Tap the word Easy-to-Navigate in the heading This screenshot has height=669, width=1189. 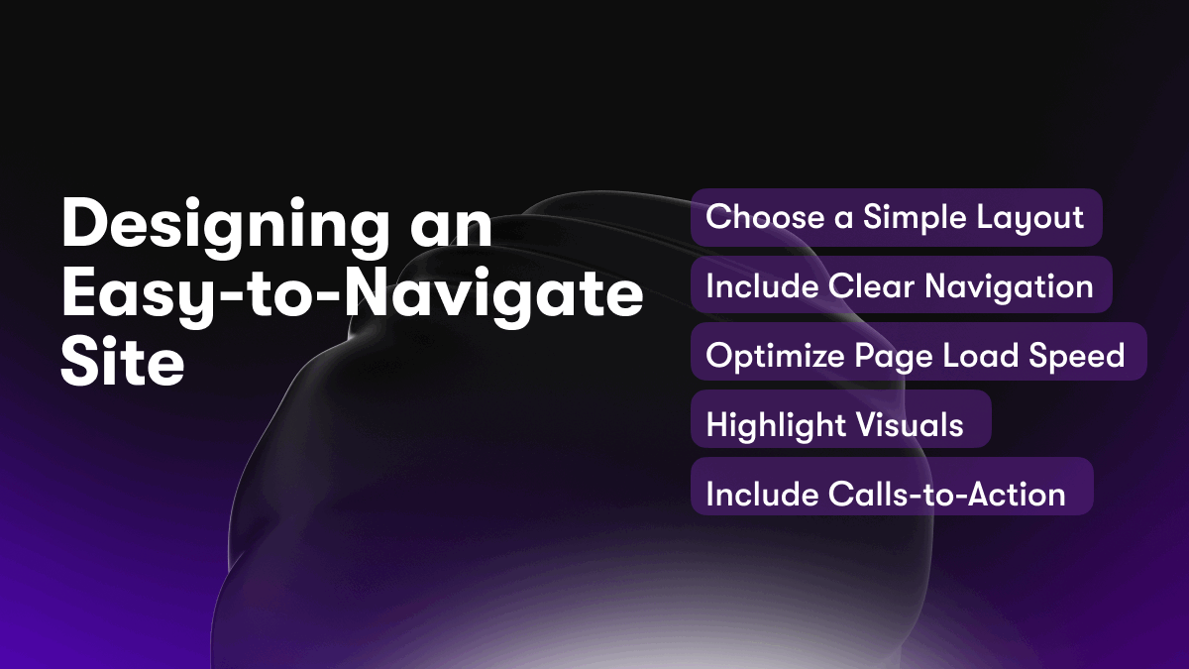(353, 295)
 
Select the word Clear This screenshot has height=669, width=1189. (871, 286)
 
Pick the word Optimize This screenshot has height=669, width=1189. (776, 356)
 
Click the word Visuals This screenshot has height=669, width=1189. (910, 424)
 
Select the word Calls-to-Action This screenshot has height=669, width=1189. (946, 494)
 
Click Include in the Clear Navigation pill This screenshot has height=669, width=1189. (762, 286)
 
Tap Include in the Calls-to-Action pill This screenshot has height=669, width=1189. (762, 494)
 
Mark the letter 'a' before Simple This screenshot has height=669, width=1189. (843, 221)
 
